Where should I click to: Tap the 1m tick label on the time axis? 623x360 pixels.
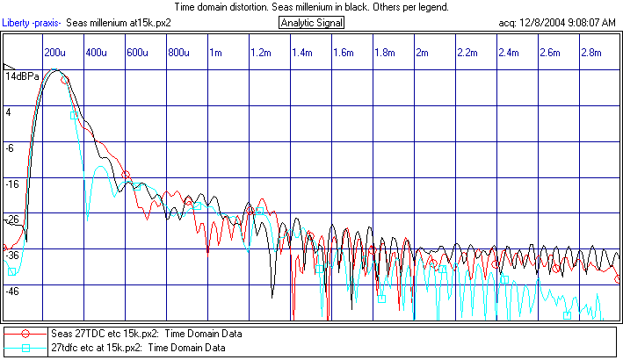point(214,53)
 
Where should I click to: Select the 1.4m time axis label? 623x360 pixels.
point(303,53)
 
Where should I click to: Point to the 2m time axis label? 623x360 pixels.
point(424,53)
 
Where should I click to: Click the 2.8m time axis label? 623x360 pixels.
point(592,53)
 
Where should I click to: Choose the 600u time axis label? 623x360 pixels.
point(136,53)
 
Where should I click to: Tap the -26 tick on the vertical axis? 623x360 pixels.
point(13,220)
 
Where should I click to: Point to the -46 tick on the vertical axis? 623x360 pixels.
point(13,291)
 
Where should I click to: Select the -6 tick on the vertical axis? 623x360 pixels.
point(11,148)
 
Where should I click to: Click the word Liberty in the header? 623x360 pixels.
point(20,22)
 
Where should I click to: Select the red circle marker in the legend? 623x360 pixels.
point(25,334)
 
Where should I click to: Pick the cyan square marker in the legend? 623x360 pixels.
point(25,349)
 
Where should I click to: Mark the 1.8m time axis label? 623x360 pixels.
point(384,53)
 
